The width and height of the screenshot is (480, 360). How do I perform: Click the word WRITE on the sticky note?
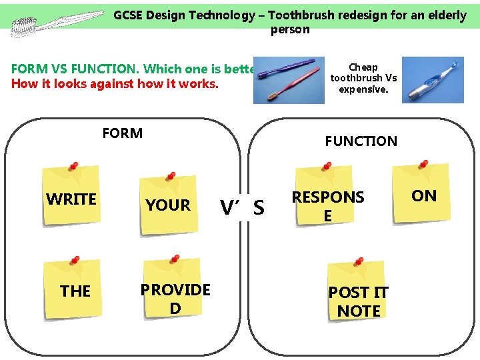[x=71, y=199]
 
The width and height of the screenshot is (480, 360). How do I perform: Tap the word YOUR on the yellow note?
[x=168, y=205]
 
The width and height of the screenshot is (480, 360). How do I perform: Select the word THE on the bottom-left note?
[x=75, y=291]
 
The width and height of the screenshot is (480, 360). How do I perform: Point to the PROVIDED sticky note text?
[x=175, y=299]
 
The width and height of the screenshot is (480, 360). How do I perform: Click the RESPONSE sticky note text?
[x=328, y=206]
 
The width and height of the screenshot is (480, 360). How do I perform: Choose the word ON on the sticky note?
[x=424, y=195]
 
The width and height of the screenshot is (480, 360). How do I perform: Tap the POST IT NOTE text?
[x=359, y=301]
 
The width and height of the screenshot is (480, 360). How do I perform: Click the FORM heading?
[x=123, y=133]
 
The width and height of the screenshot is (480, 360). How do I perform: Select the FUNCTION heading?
[x=361, y=141]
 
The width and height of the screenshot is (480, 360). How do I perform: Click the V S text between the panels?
[x=243, y=209]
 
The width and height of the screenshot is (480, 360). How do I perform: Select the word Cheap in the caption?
[x=363, y=67]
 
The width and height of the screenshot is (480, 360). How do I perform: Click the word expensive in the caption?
[x=364, y=89]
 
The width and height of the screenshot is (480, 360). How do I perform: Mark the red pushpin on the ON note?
[x=423, y=164]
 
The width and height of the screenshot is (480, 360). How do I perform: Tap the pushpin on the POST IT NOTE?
[x=359, y=262]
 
